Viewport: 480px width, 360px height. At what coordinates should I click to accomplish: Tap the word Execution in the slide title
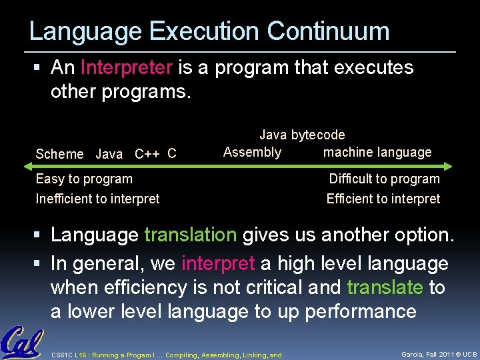coord(204,31)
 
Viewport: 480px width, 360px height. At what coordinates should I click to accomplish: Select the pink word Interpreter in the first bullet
coord(127,67)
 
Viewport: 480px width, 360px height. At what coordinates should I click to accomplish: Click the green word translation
coord(190,235)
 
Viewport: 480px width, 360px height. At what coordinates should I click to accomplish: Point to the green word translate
coord(385,287)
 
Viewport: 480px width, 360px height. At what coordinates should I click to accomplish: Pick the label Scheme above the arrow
coord(59,154)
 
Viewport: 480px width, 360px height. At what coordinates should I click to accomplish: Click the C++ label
coord(147,154)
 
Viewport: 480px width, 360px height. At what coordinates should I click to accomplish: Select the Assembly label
coord(252,152)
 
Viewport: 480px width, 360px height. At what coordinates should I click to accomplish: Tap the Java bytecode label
coord(302,135)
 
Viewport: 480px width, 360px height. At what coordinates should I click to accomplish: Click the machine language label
coord(377,152)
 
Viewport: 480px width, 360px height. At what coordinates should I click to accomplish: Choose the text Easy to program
coord(84,179)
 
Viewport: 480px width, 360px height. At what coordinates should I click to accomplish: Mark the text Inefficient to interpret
coord(97,199)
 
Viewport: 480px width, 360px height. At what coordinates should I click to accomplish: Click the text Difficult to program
coord(384,179)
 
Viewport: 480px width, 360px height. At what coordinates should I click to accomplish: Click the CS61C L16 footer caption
coord(167,355)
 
